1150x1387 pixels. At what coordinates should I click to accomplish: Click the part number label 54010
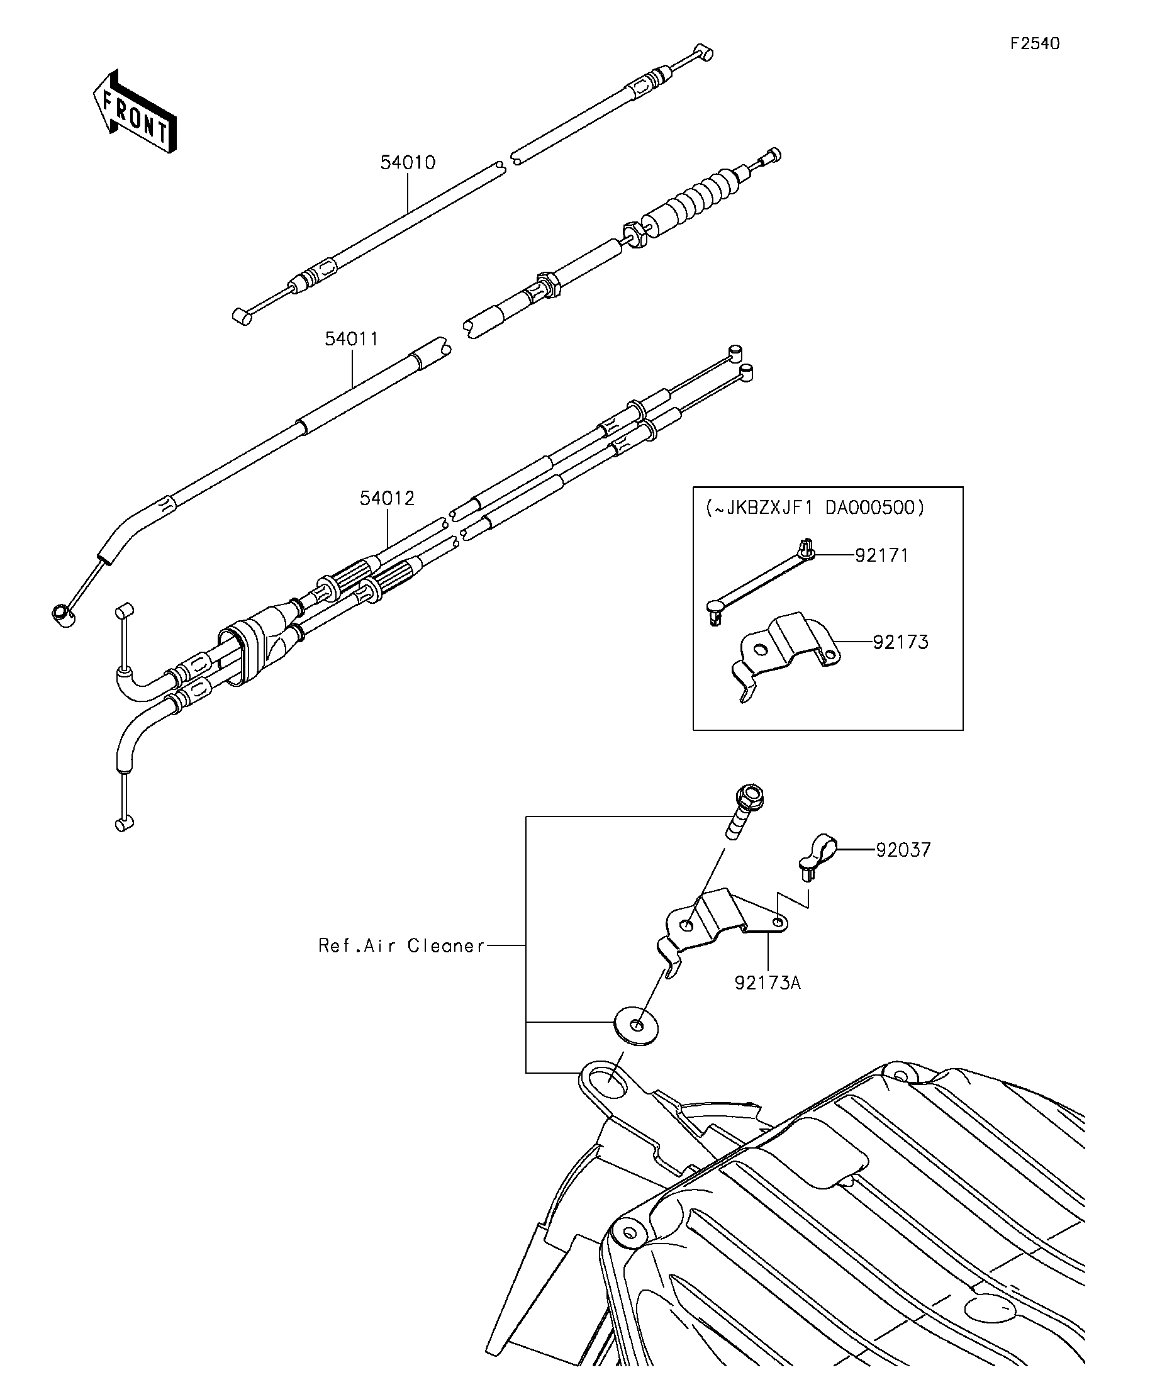[x=408, y=162]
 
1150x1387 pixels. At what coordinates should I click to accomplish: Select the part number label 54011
[x=352, y=340]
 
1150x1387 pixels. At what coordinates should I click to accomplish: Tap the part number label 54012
[x=387, y=499]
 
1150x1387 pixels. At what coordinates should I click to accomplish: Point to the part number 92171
[x=882, y=555]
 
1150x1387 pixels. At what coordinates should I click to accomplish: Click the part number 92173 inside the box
[x=900, y=642]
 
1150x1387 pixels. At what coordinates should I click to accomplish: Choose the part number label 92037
[x=903, y=850]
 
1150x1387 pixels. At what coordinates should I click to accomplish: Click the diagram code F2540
[x=1035, y=43]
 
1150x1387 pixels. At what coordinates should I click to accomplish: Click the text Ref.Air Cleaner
[x=401, y=946]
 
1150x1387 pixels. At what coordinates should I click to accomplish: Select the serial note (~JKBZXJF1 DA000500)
[x=815, y=507]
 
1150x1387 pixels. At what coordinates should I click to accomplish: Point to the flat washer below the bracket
[x=636, y=1027]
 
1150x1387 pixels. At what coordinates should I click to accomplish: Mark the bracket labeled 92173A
[x=720, y=919]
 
